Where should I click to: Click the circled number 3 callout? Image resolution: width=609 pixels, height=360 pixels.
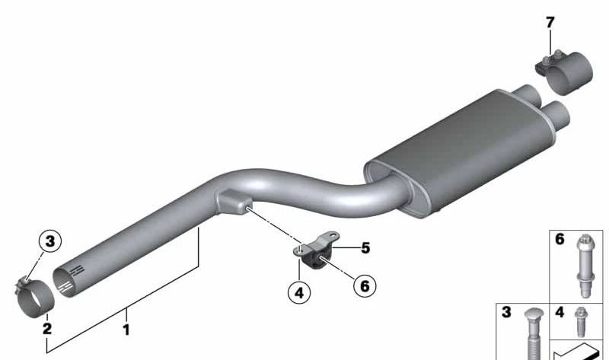point(50,241)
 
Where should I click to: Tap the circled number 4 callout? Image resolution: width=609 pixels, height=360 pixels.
point(299,293)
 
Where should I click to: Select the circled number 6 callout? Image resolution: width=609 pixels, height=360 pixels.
point(365,286)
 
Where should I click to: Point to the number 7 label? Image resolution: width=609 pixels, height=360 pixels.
point(550,23)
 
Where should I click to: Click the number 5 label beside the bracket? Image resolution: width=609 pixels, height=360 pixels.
point(365,248)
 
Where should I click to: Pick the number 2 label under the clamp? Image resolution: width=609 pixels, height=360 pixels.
point(47,329)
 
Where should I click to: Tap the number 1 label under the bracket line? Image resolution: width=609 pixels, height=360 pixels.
point(126,330)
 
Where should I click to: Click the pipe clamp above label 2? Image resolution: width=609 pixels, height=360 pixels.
point(34,296)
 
